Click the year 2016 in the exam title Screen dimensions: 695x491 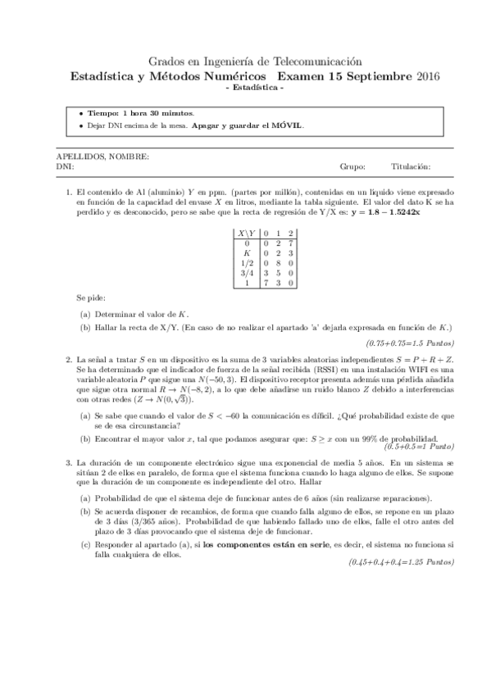[x=428, y=77]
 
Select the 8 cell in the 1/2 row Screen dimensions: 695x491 [x=279, y=263]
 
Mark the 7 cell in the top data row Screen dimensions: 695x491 [x=292, y=243]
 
